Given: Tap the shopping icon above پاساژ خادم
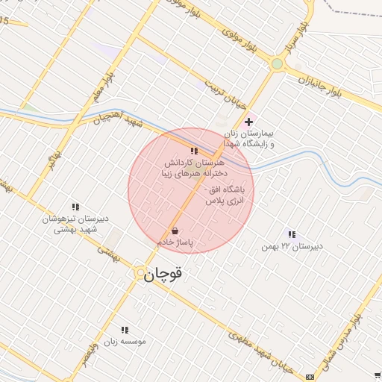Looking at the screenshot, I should (175, 231).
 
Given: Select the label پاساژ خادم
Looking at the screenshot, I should (175, 242).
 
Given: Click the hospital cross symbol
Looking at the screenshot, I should (248, 121).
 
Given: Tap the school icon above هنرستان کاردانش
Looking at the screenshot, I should (194, 151).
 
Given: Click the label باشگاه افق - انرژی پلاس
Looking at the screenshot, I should (229, 195).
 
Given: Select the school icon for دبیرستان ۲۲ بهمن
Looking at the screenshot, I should (290, 234).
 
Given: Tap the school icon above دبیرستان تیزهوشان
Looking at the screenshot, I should (75, 207).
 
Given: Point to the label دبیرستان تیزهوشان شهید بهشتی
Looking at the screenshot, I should (75, 225).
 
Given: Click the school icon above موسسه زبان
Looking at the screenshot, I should (125, 329).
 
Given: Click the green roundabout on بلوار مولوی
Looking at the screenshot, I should (277, 64).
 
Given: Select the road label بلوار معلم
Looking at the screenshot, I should (104, 88).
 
